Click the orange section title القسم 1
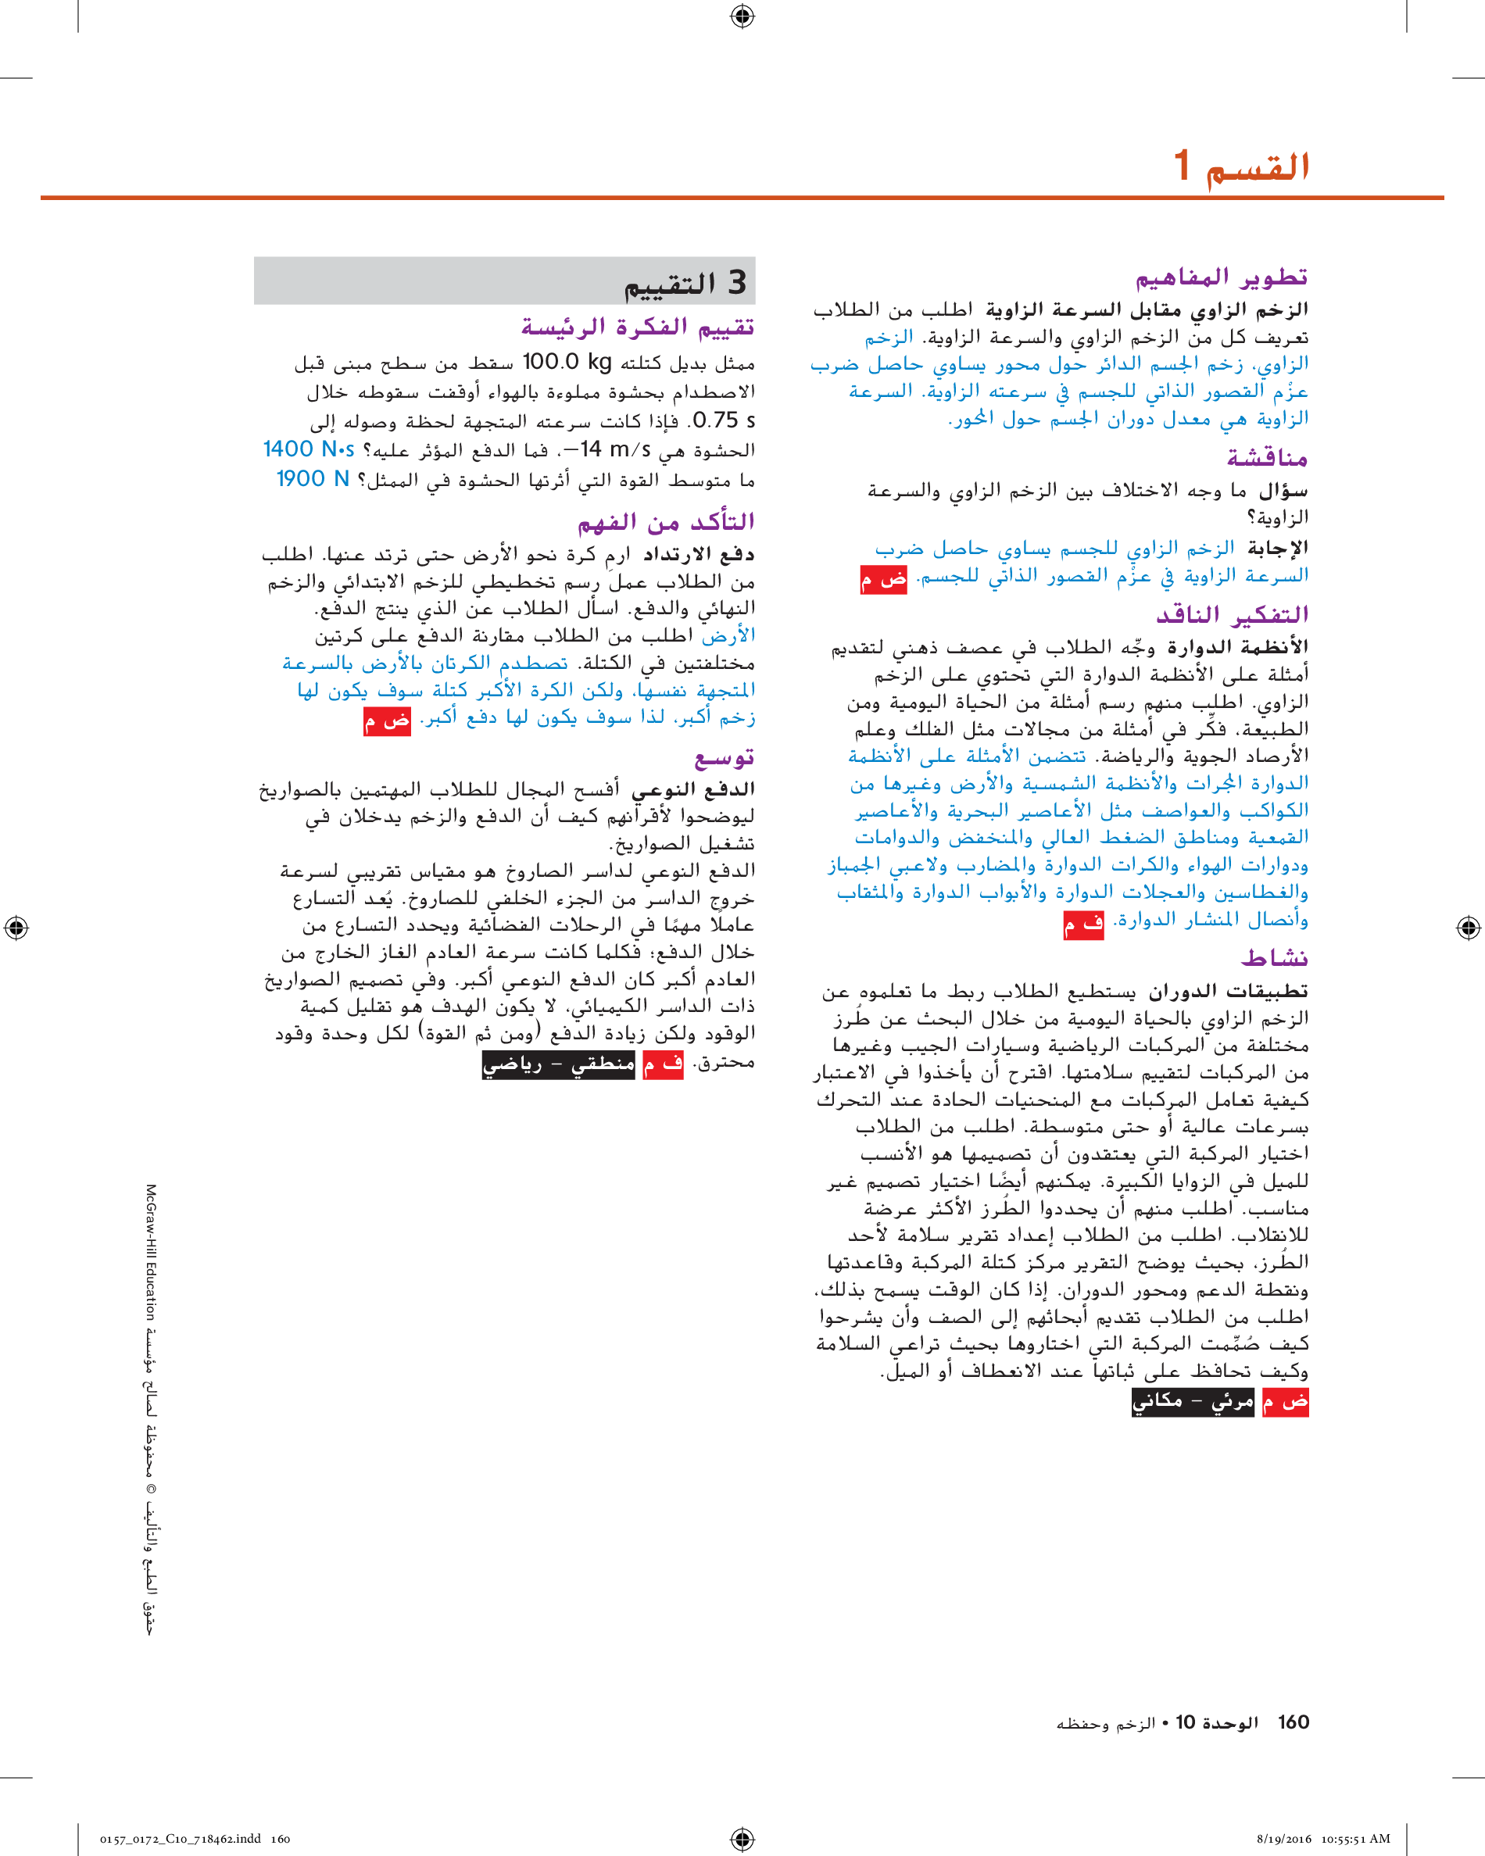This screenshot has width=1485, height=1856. (1242, 166)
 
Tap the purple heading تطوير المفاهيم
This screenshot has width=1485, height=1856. (1222, 277)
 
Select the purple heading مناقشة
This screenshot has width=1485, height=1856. (1267, 457)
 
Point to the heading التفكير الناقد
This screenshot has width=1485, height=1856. (1232, 615)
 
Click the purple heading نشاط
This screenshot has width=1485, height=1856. (1274, 957)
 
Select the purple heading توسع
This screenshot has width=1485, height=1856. (724, 757)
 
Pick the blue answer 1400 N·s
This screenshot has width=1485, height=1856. (308, 449)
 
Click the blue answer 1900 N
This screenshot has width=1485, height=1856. (313, 478)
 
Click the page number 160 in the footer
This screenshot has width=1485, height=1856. (1293, 1722)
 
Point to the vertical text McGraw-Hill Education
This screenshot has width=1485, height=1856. (151, 1252)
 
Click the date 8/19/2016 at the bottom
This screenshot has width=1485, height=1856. (1283, 1839)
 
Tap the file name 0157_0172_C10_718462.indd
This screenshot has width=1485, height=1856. (180, 1839)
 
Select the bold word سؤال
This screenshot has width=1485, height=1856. (1283, 491)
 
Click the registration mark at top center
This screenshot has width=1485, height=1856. (742, 16)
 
